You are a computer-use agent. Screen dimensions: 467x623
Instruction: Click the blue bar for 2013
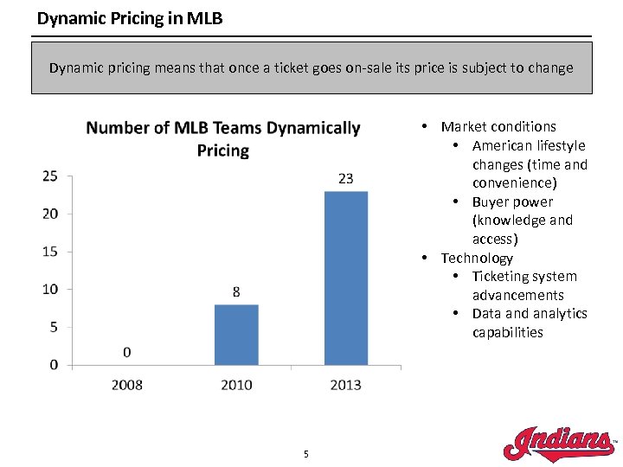345,278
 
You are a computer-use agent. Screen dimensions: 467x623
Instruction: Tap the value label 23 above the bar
345,179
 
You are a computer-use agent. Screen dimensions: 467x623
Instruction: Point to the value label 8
236,292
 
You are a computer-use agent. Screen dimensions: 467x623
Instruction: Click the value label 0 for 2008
127,352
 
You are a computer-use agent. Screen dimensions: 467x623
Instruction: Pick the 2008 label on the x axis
127,384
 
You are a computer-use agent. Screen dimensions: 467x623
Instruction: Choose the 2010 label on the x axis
236,384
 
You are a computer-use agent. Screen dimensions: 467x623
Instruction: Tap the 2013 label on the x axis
345,384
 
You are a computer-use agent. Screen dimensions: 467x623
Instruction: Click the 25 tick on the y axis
50,176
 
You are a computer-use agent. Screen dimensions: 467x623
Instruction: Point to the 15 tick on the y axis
50,251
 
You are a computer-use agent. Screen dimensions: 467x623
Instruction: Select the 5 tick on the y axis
54,327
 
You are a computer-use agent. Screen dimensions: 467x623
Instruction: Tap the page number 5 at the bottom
305,454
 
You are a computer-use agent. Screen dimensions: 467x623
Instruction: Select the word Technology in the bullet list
477,258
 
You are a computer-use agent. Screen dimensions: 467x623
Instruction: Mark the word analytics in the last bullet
559,314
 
